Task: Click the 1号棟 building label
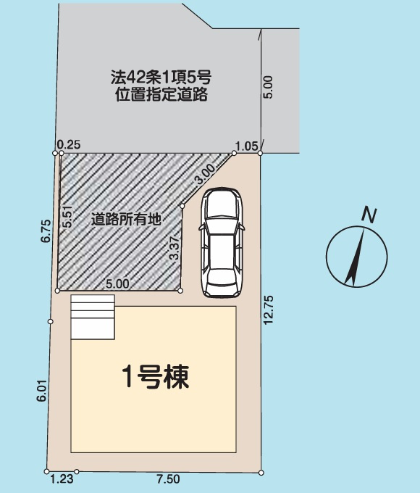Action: pos(154,377)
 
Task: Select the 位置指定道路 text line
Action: pos(161,95)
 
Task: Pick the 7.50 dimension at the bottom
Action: pos(167,480)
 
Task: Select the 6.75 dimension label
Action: pos(45,231)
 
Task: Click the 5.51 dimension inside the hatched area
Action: pos(67,217)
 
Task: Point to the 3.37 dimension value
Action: pos(173,248)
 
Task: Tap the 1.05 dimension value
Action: pos(247,146)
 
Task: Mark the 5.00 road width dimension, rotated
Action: pos(269,87)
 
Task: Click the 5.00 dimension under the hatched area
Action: pos(117,284)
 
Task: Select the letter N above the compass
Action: pos(370,215)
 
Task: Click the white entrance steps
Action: pos(93,317)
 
